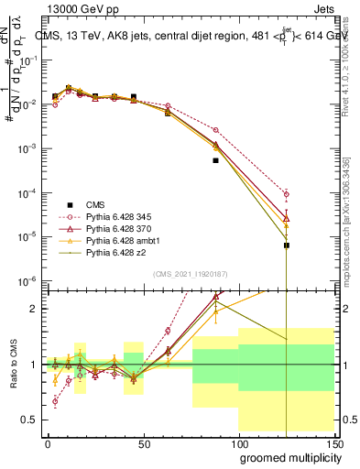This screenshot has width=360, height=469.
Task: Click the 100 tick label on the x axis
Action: coord(240,442)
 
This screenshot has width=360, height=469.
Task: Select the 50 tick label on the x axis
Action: coord(144,442)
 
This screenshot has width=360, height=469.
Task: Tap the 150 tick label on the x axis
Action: coord(334,442)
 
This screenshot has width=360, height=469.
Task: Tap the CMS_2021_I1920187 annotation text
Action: coord(190,273)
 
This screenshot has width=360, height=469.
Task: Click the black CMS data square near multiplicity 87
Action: coord(216,160)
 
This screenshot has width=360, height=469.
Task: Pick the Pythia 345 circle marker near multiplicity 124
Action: coord(287,194)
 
